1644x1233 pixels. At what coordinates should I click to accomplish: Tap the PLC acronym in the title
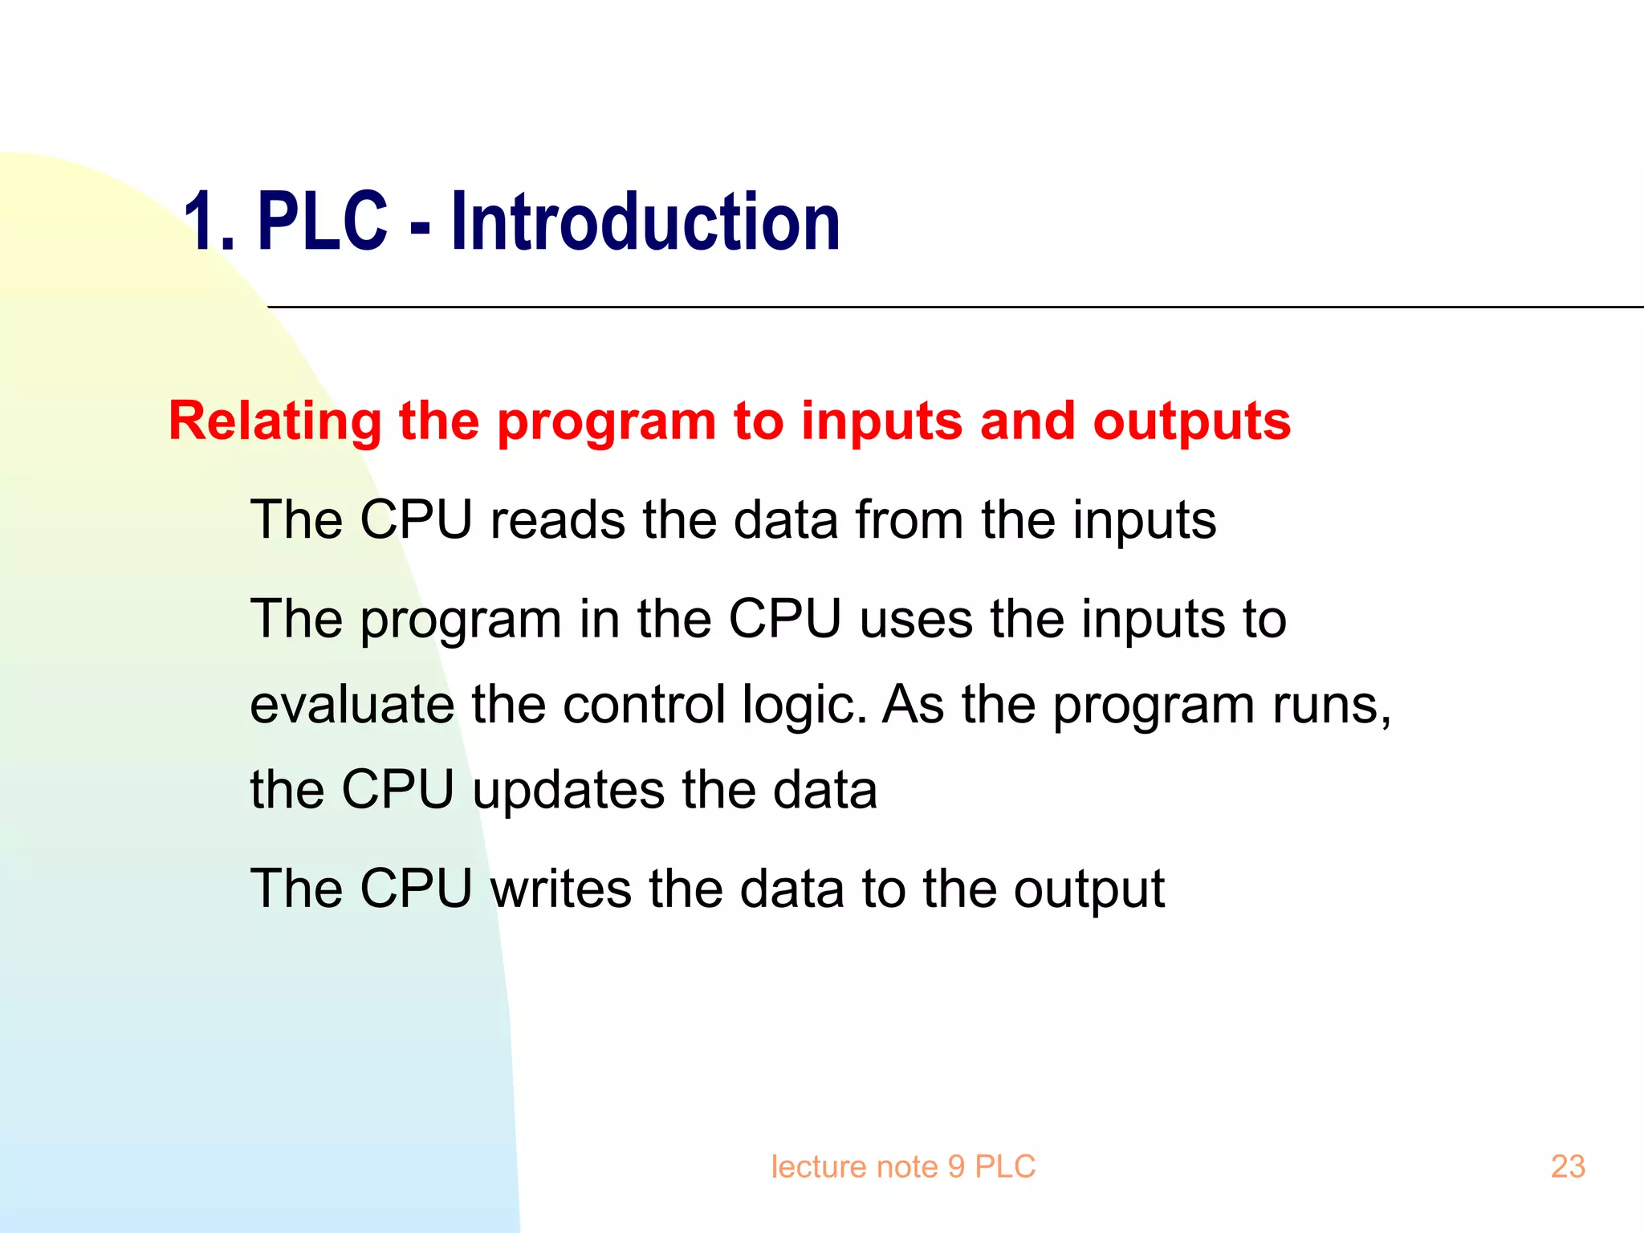[322, 222]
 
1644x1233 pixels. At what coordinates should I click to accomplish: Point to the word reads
[557, 519]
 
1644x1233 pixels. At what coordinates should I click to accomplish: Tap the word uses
[916, 619]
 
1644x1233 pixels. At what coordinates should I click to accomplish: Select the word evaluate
[352, 705]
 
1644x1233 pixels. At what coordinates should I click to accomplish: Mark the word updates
[568, 791]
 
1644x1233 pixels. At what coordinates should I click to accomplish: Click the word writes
[560, 889]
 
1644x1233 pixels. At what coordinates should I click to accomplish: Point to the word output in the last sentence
[1089, 890]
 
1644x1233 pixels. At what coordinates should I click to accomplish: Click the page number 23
[1568, 1166]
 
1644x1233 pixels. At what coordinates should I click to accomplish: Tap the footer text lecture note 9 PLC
[903, 1166]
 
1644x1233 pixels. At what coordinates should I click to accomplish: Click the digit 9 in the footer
[955, 1166]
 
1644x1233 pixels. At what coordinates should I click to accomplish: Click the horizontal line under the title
[955, 307]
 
